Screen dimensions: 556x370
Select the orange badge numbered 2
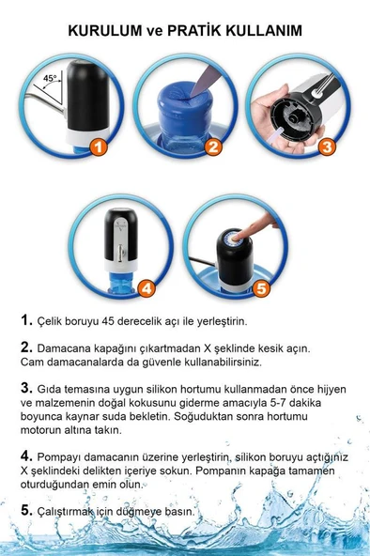pyautogui.click(x=213, y=147)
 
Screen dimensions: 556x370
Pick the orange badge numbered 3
pyautogui.click(x=326, y=147)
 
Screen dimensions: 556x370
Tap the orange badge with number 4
pyautogui.click(x=147, y=288)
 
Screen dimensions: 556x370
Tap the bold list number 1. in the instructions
pyautogui.click(x=27, y=320)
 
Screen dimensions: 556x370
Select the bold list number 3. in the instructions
pyautogui.click(x=27, y=386)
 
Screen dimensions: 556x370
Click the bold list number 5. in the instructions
pyautogui.click(x=27, y=511)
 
